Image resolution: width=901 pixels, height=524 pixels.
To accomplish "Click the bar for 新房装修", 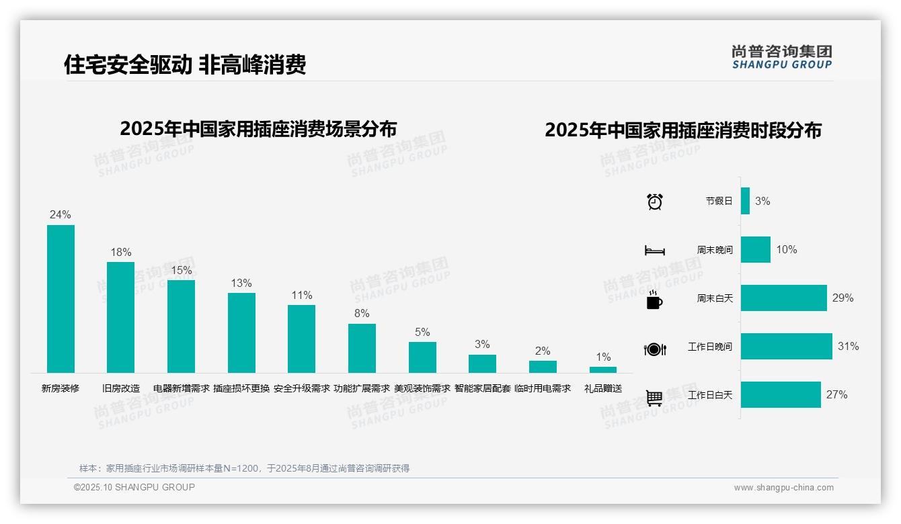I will (x=61, y=299).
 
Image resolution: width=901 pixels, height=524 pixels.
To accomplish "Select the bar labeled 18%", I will (x=120, y=317).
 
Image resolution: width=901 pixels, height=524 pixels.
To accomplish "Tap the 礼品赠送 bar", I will (x=603, y=369).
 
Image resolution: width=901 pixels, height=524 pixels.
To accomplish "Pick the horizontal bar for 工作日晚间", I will (x=786, y=347).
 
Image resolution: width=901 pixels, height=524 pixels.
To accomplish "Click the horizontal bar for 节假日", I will (x=745, y=201).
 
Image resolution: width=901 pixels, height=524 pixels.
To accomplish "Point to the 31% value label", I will (x=848, y=347).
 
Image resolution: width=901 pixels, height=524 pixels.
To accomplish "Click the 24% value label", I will (x=60, y=215).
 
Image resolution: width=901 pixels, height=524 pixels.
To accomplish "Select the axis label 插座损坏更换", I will (x=241, y=388).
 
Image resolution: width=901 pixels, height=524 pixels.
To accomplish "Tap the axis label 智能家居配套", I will (x=482, y=388).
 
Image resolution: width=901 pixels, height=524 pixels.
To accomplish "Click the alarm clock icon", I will (x=655, y=202).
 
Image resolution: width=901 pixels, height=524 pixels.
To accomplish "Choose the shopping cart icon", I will (x=654, y=398).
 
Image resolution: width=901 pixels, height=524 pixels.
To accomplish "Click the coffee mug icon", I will (x=654, y=300).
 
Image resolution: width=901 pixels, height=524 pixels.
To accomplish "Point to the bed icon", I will (x=654, y=251).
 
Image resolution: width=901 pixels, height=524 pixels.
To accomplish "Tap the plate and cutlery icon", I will (x=654, y=349).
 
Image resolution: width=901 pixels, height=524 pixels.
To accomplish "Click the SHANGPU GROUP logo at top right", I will (x=781, y=56).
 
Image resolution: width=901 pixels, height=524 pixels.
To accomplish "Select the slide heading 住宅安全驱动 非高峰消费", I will (x=185, y=64).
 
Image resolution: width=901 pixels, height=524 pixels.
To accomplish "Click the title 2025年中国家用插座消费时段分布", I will (x=682, y=130).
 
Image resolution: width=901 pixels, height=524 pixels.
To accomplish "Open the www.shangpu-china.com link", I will (x=783, y=488).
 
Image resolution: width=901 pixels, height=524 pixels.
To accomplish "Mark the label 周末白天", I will (x=715, y=298).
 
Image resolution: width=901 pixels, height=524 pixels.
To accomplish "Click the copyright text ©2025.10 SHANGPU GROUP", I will (x=134, y=488).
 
